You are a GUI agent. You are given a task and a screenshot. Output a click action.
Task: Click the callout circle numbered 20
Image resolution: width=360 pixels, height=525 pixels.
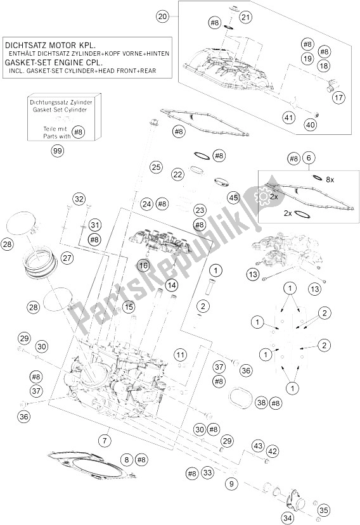[162, 16]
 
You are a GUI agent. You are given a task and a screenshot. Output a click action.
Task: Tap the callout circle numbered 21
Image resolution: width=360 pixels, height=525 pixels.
[246, 17]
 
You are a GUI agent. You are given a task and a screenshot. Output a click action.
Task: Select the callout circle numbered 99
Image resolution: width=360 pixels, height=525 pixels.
[58, 151]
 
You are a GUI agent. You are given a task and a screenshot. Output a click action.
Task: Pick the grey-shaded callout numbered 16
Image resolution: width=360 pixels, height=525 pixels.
[143, 266]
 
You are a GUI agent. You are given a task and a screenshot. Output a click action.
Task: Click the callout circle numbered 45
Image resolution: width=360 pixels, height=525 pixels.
[234, 197]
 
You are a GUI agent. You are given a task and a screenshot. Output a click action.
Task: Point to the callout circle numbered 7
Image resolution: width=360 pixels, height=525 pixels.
[105, 441]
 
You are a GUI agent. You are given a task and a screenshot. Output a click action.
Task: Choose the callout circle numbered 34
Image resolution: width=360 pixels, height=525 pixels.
[288, 519]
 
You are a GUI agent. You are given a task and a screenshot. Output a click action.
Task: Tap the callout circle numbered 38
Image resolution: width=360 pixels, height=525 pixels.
[262, 403]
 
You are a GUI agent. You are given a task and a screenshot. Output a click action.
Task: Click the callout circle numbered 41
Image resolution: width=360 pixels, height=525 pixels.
[288, 118]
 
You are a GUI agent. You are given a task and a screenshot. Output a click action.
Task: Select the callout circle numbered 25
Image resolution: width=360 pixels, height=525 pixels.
[156, 167]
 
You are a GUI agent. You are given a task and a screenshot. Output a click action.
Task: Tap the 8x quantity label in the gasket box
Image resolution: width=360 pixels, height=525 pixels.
[330, 179]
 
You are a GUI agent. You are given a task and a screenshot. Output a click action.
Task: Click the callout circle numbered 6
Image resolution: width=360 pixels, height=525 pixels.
[309, 158]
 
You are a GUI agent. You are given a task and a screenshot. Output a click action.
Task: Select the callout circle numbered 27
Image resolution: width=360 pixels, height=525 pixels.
[67, 258]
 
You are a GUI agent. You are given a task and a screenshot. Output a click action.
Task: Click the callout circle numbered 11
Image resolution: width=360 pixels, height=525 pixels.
[181, 355]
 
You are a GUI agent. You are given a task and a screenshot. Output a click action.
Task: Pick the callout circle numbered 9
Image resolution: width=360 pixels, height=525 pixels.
[231, 483]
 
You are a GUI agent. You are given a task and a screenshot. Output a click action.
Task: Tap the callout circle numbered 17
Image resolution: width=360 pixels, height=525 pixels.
[338, 98]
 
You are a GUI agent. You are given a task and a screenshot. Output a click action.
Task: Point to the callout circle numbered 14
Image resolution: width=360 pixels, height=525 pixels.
[172, 285]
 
